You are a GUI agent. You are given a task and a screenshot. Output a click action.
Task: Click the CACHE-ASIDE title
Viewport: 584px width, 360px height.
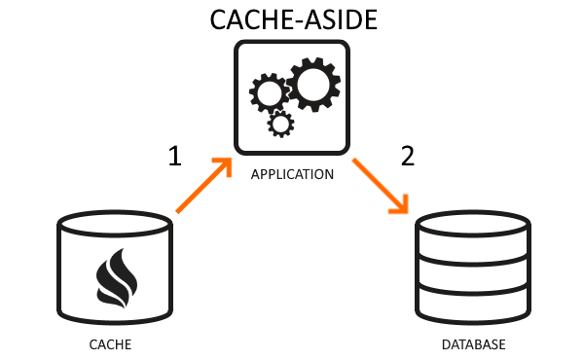tap(291, 20)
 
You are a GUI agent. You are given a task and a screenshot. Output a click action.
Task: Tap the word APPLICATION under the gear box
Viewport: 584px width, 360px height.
tap(292, 175)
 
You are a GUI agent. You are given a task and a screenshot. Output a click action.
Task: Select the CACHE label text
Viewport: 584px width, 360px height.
tap(109, 345)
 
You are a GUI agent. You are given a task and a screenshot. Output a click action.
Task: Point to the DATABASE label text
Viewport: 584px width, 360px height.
tap(474, 345)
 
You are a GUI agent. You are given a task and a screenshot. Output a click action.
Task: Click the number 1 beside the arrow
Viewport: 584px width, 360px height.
tap(175, 157)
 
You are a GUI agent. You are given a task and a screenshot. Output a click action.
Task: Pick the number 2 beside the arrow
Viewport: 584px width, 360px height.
tap(407, 157)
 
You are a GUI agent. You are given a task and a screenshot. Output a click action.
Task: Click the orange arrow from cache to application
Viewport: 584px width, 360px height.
tap(203, 185)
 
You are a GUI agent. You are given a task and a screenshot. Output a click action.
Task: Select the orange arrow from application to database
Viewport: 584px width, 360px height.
tap(380, 185)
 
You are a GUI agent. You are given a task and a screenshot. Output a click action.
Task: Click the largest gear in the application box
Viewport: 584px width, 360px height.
tap(313, 86)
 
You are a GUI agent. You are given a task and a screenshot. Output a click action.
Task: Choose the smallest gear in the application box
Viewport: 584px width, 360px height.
tap(280, 124)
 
